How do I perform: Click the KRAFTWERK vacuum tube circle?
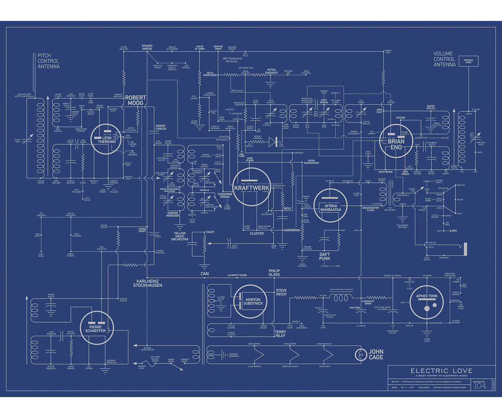tap(252, 186)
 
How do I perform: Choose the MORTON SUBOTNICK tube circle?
tap(250, 301)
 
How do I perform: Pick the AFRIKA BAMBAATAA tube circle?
tap(330, 205)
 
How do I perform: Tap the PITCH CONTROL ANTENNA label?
tap(49, 61)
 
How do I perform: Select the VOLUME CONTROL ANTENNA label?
tap(445, 59)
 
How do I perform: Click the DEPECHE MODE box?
tap(469, 61)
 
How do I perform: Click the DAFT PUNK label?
tap(325, 256)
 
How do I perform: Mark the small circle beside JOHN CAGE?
tap(360, 355)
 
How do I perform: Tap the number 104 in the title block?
tap(479, 386)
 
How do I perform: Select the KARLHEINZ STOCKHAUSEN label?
tap(148, 283)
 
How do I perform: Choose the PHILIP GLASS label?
tap(274, 273)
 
